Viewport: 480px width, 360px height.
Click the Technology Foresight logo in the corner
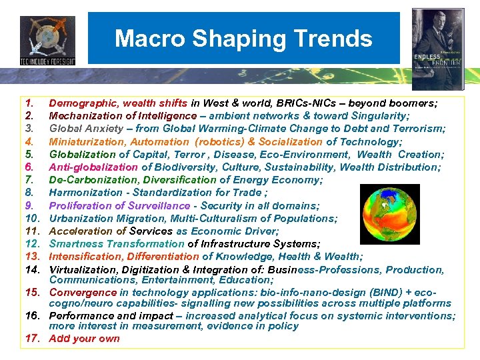pos(47,40)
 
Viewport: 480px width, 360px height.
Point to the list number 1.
pos(29,103)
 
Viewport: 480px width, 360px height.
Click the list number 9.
pos(29,206)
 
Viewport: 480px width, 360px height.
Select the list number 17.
pos(31,338)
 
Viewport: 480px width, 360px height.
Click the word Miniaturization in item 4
pos(85,141)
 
